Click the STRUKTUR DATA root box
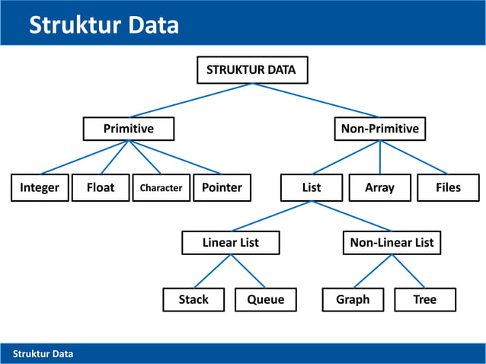252,70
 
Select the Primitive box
128,129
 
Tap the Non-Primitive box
379,129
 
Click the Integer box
40,187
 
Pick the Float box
101,187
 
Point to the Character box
161,187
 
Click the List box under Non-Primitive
311,187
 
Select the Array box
379,187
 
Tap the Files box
448,187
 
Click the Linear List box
230,242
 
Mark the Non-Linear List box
392,242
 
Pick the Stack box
193,299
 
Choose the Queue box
265,299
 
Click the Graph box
353,299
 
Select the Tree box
424,299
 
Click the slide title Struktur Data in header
104,25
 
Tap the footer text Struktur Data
43,353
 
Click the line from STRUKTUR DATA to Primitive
190,100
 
